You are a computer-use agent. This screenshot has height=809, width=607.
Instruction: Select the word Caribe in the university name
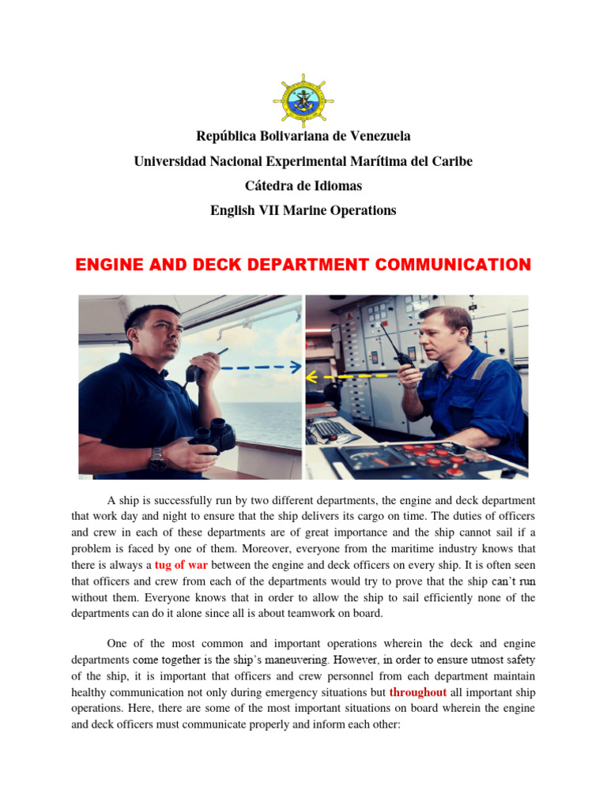coord(451,162)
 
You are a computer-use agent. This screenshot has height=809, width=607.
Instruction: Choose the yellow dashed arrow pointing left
coord(346,378)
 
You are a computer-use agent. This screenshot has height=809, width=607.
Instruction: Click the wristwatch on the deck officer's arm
coord(158,458)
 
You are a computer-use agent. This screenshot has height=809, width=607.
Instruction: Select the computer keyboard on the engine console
coord(330,431)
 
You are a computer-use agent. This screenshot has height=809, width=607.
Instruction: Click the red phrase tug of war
coord(181,565)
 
